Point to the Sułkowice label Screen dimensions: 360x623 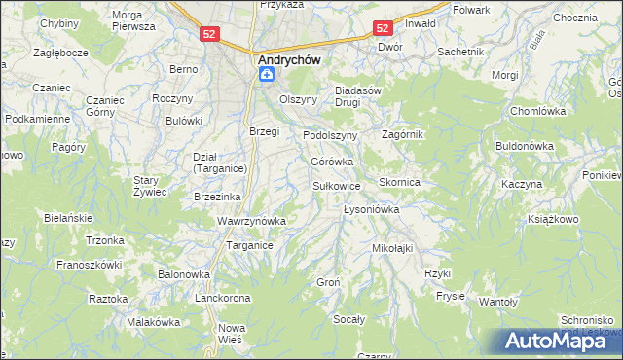coord(337,185)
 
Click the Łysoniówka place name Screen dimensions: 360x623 coord(372,209)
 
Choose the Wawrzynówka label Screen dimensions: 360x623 coord(251,221)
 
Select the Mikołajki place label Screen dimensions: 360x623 coord(392,248)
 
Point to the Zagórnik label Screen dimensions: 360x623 coord(402,134)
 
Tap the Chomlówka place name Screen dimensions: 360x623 coord(538,112)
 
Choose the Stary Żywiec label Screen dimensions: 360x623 coord(151,186)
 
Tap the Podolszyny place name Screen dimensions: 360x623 coord(331,135)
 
